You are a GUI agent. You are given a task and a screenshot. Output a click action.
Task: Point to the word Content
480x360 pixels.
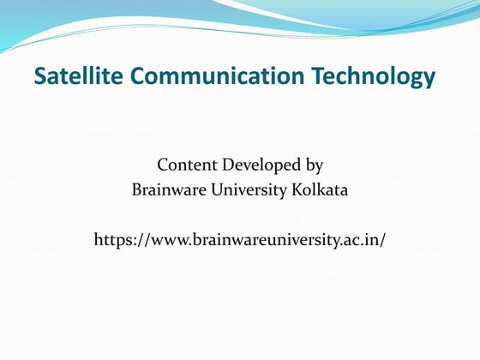pos(187,165)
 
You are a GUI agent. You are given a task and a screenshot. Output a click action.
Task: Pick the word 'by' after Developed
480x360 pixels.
pos(314,165)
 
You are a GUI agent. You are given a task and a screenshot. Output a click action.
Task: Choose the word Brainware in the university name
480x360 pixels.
pos(165,189)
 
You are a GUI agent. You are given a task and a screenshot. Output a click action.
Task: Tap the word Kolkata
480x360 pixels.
pos(320,189)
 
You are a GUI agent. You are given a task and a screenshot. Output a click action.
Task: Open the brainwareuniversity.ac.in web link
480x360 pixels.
pos(240,238)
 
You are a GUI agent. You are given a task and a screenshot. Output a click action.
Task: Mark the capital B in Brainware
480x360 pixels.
pos(136,189)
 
